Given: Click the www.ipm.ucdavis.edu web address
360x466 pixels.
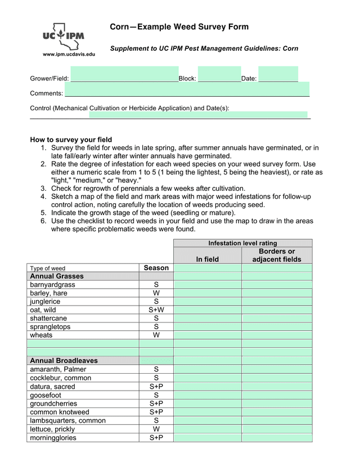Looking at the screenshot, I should point(69,54).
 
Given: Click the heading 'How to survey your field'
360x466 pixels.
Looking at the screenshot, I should point(71,140).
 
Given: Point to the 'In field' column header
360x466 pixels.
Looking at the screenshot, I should point(207,259).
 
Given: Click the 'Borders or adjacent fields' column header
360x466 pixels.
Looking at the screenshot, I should point(277,256).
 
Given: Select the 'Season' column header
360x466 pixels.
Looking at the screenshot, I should point(156,268).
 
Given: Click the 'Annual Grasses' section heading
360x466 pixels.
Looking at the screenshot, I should point(57,276).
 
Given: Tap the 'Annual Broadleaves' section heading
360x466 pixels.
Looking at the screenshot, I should point(64,361).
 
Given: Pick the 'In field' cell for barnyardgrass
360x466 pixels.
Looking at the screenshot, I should point(207,285).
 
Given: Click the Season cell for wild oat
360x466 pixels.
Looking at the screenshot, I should point(156,310).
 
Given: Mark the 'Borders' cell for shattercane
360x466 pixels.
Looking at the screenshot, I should point(277,319).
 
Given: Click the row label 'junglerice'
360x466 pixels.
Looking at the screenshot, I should point(44,302).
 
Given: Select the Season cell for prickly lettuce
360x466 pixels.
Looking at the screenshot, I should point(156,429).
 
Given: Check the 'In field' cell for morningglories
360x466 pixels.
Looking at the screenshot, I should point(207,438).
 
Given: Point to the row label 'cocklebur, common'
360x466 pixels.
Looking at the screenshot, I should point(60,378).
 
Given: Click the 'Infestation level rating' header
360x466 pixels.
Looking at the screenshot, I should point(242,243).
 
